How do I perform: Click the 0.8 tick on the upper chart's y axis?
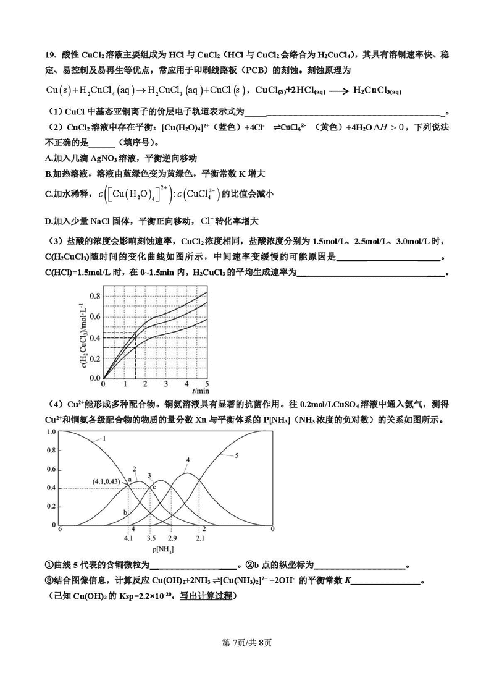click(94, 296)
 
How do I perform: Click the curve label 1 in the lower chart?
click(105, 438)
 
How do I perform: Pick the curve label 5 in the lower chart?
click(237, 455)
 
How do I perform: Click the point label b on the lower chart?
click(125, 512)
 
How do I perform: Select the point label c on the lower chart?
click(154, 488)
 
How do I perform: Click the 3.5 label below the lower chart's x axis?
click(151, 538)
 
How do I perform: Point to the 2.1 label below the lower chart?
click(200, 538)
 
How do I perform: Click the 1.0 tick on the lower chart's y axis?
click(52, 431)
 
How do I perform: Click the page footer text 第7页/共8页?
click(246, 642)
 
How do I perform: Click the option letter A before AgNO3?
click(48, 158)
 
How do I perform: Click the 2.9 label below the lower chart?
click(172, 538)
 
